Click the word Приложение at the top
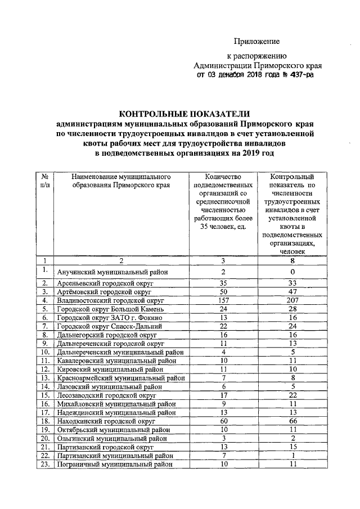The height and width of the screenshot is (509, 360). pyautogui.click(x=256, y=41)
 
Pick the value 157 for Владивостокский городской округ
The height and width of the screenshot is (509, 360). pyautogui.click(x=223, y=300)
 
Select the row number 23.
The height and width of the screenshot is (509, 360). pyautogui.click(x=44, y=464)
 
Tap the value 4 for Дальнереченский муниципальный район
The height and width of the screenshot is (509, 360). pyautogui.click(x=223, y=352)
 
